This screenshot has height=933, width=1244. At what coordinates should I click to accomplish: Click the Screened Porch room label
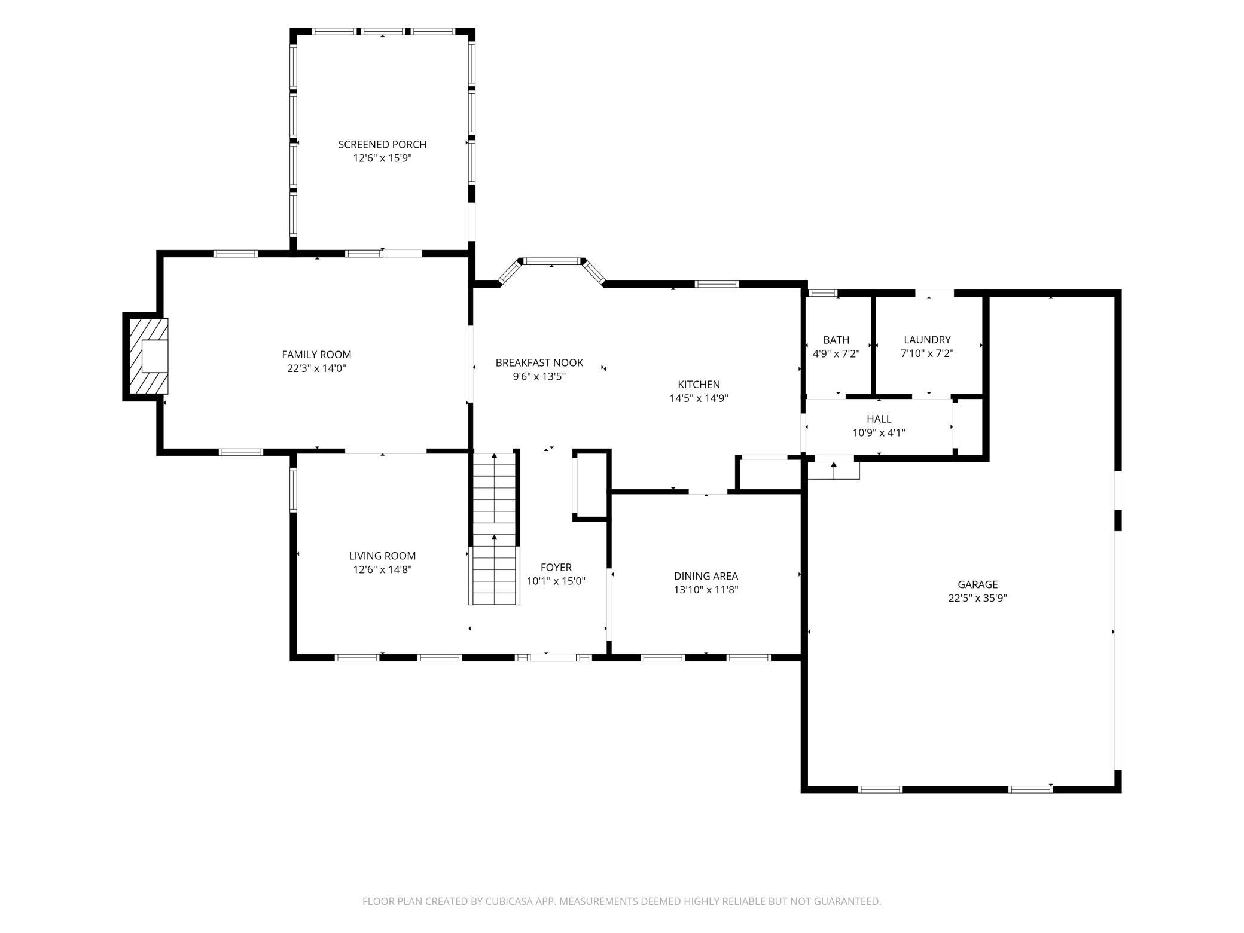[382, 144]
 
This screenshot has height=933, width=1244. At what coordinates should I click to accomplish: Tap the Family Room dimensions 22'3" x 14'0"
[316, 368]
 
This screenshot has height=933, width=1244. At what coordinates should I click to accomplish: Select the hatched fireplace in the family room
[146, 356]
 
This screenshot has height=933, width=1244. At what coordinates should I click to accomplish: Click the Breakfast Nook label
[539, 362]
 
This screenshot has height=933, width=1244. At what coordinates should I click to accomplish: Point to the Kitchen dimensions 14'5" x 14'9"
[699, 398]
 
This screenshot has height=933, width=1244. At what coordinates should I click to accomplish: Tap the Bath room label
[836, 340]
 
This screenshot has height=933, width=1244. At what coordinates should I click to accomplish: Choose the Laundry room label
[927, 340]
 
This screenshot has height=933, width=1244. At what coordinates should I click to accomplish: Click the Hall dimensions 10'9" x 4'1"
[879, 433]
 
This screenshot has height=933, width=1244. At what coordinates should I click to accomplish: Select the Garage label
[977, 584]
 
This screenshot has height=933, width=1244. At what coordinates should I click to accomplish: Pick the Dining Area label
[706, 576]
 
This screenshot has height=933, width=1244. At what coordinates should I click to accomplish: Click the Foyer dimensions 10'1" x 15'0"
[556, 581]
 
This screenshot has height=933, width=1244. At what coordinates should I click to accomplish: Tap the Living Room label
[382, 556]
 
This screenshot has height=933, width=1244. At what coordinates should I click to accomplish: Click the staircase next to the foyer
[494, 529]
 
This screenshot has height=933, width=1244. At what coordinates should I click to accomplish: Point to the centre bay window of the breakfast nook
[552, 261]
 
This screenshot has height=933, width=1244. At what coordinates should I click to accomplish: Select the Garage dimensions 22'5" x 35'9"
[977, 598]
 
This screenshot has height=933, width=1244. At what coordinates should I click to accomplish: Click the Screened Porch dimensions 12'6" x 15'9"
[382, 158]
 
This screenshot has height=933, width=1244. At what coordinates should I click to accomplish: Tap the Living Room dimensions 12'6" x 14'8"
[382, 570]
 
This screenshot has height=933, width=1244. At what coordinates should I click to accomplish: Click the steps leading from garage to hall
[834, 470]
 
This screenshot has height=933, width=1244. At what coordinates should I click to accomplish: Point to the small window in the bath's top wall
[822, 293]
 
